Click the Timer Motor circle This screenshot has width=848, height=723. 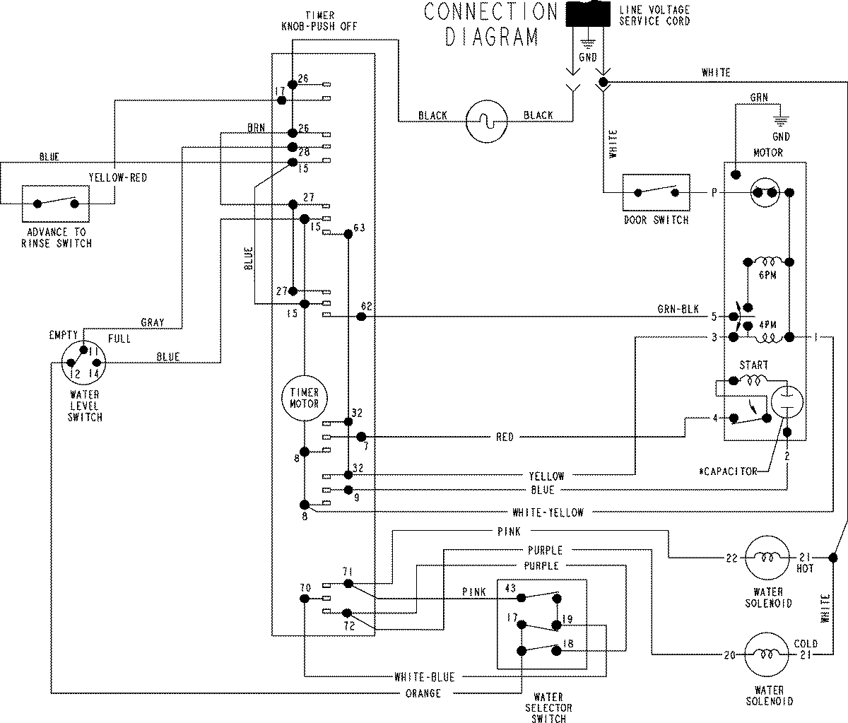coord(304,398)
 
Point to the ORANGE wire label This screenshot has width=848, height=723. coord(424,693)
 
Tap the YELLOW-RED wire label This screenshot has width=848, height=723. coord(117,178)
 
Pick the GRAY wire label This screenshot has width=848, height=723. coord(152,322)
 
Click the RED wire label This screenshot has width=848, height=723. coord(505,437)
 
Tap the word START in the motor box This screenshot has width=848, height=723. coord(753,365)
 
